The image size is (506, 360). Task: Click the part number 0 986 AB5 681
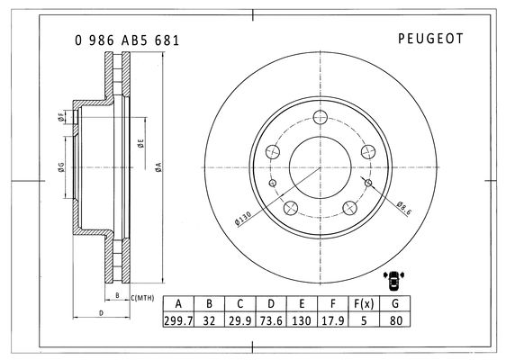[x=127, y=40]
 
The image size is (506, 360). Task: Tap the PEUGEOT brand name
[x=430, y=39]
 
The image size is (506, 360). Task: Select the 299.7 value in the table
[x=178, y=320]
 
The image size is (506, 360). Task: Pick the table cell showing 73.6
[x=271, y=320]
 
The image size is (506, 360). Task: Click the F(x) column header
[x=364, y=303]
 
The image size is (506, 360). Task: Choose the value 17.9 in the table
[x=333, y=320]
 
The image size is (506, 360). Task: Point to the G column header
[x=395, y=303]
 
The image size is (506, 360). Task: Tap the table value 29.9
[x=239, y=320]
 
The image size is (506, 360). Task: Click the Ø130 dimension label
[x=243, y=219]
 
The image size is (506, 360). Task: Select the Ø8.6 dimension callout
[x=403, y=209]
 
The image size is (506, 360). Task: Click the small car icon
[x=393, y=280]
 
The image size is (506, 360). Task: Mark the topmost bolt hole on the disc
[x=321, y=117]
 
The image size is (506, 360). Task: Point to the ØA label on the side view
[x=158, y=167]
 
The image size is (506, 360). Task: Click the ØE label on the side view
[x=141, y=143]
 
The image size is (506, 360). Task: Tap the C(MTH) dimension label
[x=142, y=298]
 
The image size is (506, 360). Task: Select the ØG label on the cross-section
[x=61, y=167]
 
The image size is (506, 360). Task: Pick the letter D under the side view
[x=101, y=313]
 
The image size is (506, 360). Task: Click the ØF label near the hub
[x=60, y=117]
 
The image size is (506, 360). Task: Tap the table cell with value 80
[x=395, y=320]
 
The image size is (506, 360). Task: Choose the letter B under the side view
[x=117, y=295]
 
